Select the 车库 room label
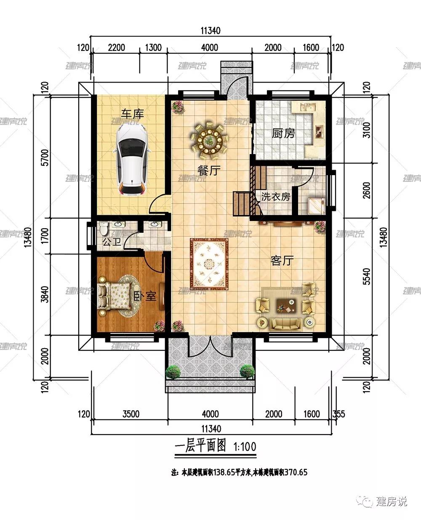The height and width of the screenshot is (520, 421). pyautogui.click(x=133, y=114)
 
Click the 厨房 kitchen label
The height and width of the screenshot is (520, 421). pyautogui.click(x=283, y=133)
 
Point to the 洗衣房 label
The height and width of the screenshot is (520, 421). pyautogui.click(x=275, y=197)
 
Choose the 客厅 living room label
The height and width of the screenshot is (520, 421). pyautogui.click(x=282, y=261)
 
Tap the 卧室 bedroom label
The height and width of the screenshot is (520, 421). pyautogui.click(x=145, y=296)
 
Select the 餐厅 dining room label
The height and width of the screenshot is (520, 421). pyautogui.click(x=209, y=171)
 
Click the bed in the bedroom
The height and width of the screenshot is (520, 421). pyautogui.click(x=114, y=296)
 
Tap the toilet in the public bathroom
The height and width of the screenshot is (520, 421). pyautogui.click(x=104, y=228)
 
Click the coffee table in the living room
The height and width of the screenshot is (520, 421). pyautogui.click(x=287, y=305)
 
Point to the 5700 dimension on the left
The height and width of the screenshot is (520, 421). pyautogui.click(x=45, y=157)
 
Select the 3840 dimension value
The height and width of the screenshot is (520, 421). pyautogui.click(x=45, y=294)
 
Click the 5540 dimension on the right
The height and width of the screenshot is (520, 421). pyautogui.click(x=367, y=277)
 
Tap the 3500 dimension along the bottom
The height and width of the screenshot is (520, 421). pyautogui.click(x=131, y=414)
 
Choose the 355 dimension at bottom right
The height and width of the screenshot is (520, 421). pyautogui.click(x=339, y=414)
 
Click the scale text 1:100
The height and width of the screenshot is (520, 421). pyautogui.click(x=245, y=447)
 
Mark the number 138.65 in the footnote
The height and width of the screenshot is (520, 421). pyautogui.click(x=224, y=472)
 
